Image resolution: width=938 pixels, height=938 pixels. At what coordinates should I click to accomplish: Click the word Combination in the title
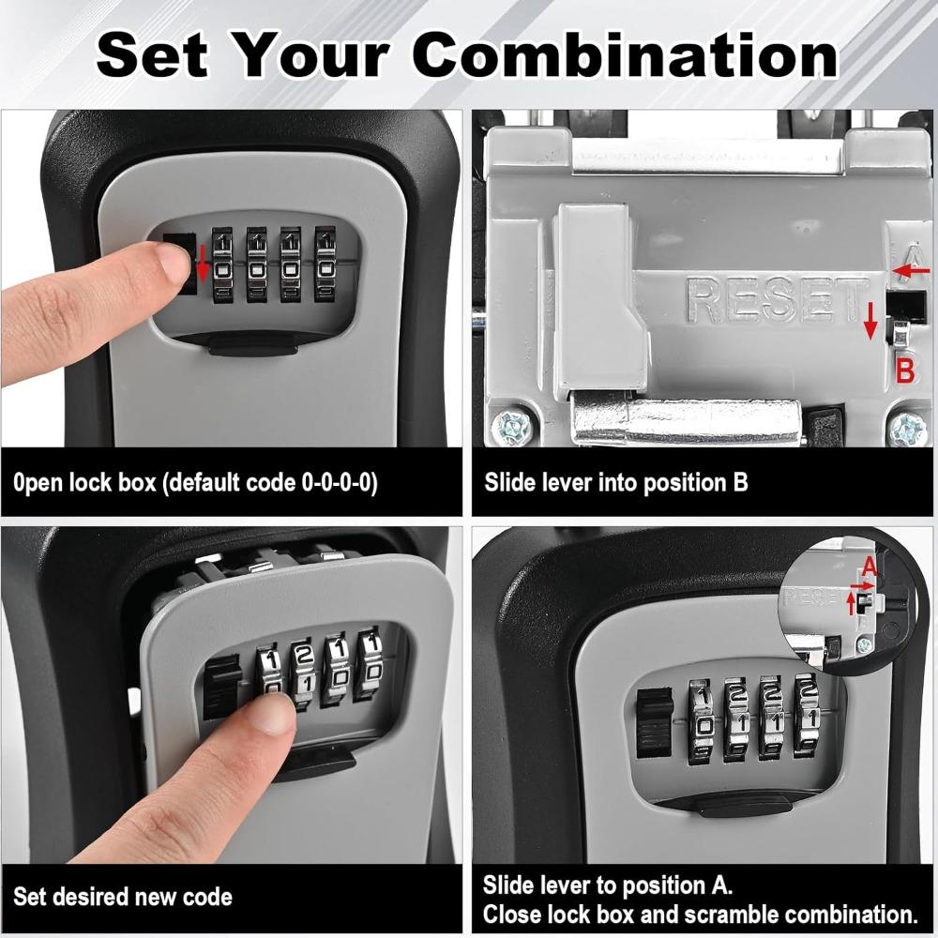(x=626, y=55)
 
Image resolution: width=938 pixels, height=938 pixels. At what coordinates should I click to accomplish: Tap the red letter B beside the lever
(x=904, y=370)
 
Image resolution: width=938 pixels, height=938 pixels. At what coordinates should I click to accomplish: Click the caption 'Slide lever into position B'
(x=616, y=484)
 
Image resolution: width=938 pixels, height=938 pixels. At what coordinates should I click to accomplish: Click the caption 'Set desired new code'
(x=122, y=897)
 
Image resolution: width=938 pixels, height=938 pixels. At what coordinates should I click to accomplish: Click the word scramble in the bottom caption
(x=728, y=914)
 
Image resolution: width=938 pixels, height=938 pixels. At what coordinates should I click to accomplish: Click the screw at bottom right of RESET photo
(x=907, y=430)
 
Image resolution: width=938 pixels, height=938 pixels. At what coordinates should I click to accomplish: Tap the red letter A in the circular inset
(x=869, y=566)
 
